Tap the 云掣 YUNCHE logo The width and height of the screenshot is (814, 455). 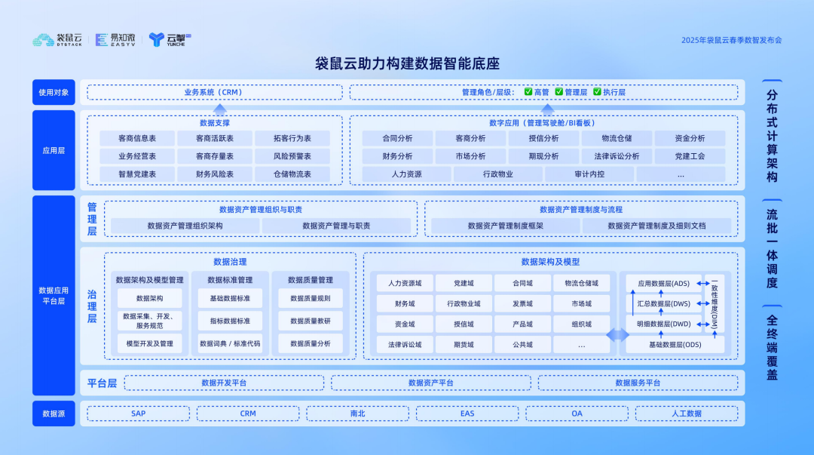point(170,39)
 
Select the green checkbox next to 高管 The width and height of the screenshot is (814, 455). point(528,92)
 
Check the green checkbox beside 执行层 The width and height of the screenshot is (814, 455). point(597,92)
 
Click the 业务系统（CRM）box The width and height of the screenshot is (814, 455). point(214,92)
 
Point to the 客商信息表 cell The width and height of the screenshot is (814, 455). point(137,139)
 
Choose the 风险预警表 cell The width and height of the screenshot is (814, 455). point(292,156)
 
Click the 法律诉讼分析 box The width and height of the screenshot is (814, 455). point(616,156)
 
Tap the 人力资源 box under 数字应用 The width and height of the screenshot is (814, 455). point(406,174)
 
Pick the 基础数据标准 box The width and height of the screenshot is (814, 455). point(230,298)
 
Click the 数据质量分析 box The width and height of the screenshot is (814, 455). point(310,343)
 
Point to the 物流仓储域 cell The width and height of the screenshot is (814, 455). point(581,284)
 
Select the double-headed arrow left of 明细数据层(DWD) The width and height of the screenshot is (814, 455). point(617,334)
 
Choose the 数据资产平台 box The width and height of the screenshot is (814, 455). point(431,383)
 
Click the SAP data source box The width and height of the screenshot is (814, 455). point(139,413)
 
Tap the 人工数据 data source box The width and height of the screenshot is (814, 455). point(686,413)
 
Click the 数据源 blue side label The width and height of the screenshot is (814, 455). point(54,413)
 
